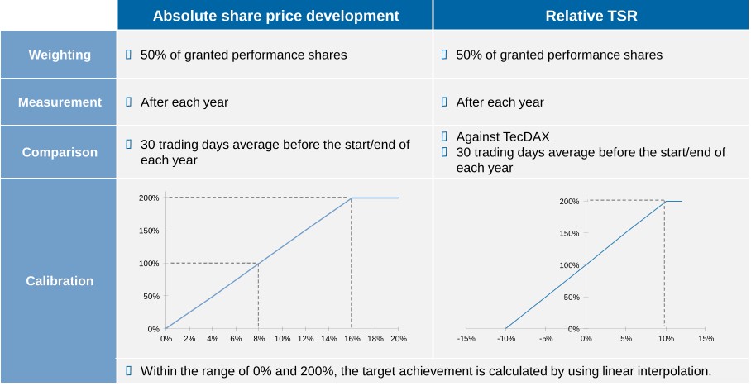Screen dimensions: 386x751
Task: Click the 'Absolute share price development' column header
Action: (275, 16)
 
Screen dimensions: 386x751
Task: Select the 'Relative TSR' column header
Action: (591, 16)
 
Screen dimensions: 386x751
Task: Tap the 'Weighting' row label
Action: (60, 55)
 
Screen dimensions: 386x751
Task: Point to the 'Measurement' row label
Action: (60, 102)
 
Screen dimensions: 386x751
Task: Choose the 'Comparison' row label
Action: (60, 152)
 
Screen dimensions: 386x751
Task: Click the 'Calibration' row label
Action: (60, 280)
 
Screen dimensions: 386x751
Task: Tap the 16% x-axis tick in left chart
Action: (352, 339)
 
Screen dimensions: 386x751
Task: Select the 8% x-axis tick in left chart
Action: (259, 339)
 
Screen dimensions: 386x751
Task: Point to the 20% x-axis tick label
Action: (398, 339)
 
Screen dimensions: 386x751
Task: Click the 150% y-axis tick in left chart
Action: (149, 231)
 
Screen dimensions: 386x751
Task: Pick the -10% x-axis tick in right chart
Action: (505, 338)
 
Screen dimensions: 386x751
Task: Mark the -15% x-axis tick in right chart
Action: (466, 338)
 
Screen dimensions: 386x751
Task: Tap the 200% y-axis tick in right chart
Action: (568, 201)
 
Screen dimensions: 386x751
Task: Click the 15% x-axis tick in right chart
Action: (706, 338)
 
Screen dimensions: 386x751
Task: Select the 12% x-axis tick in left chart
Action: (305, 339)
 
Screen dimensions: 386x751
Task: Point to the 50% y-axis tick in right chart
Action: (571, 297)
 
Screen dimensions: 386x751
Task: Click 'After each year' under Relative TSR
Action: (500, 102)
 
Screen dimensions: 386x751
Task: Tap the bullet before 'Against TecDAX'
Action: (444, 136)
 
